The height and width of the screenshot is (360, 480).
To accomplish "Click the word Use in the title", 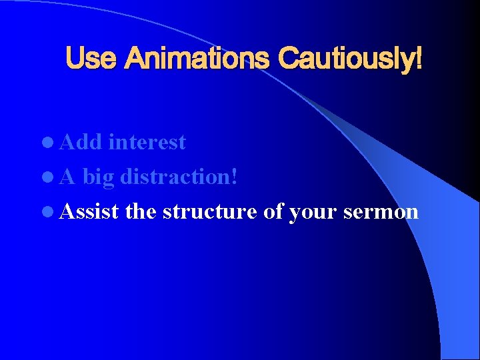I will coord(91,59).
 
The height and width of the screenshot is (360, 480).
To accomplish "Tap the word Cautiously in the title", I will coord(346,59).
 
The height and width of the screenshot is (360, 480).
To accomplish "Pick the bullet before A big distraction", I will coord(52,178).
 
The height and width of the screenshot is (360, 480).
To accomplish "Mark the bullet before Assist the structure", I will coord(52,213).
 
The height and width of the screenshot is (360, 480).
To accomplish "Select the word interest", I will coord(147,142).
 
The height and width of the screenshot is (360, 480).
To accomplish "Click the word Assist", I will coord(89,211).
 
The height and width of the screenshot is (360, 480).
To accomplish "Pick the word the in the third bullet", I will coord(141,211).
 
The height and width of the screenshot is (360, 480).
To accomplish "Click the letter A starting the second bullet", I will coord(69,177).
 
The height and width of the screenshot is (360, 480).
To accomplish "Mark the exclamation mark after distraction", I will coord(235,177).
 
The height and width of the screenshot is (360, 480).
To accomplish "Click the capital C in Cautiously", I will coord(290,59).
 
